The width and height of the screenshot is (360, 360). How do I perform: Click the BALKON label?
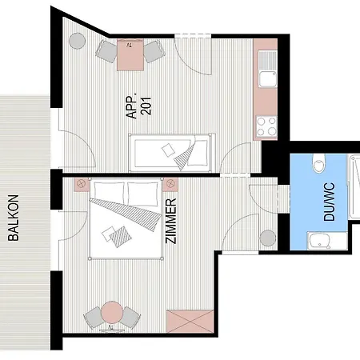tap(14, 218)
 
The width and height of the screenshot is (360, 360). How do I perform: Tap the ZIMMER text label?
tap(171, 221)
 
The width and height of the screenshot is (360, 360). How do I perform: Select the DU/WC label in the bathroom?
tap(329, 202)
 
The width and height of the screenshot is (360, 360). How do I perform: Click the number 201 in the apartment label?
tap(146, 106)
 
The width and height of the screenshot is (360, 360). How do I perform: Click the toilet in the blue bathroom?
tap(319, 162)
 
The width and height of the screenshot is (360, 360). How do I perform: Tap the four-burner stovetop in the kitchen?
tap(266, 126)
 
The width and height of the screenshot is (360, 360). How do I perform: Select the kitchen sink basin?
tap(268, 78)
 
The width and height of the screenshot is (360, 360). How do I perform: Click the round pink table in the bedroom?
tap(112, 312)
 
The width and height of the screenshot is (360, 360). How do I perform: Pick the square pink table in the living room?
tap(130, 55)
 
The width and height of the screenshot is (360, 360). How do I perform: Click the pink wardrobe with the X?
tap(190, 322)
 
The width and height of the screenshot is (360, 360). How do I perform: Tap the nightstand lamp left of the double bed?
tap(82, 185)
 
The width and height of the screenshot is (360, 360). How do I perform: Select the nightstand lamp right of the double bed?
tap(170, 185)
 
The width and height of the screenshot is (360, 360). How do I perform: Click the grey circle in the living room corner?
tap(78, 41)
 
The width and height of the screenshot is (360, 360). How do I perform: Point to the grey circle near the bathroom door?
tap(268, 238)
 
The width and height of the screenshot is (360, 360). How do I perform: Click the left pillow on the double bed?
tap(109, 191)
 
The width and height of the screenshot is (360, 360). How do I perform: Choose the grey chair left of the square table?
tap(106, 51)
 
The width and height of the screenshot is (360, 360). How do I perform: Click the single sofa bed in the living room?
tap(172, 153)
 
